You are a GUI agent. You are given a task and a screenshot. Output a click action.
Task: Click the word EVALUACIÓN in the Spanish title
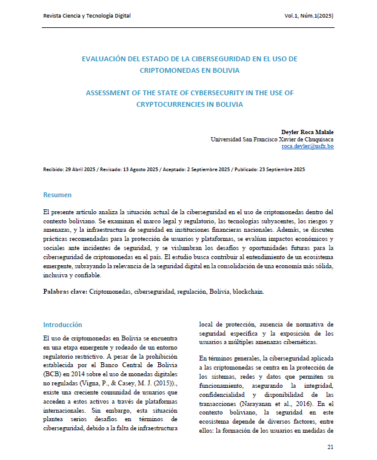(107, 59)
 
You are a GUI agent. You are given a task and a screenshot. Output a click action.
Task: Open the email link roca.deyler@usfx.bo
(307, 147)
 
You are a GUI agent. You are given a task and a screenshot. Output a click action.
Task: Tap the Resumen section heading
(57, 195)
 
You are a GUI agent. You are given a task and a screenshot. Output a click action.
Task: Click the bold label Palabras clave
(65, 292)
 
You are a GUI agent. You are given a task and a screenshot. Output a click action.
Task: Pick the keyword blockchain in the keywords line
(248, 292)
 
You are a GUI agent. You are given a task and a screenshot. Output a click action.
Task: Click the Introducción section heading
(62, 325)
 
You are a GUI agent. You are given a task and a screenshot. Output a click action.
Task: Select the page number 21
(330, 447)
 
